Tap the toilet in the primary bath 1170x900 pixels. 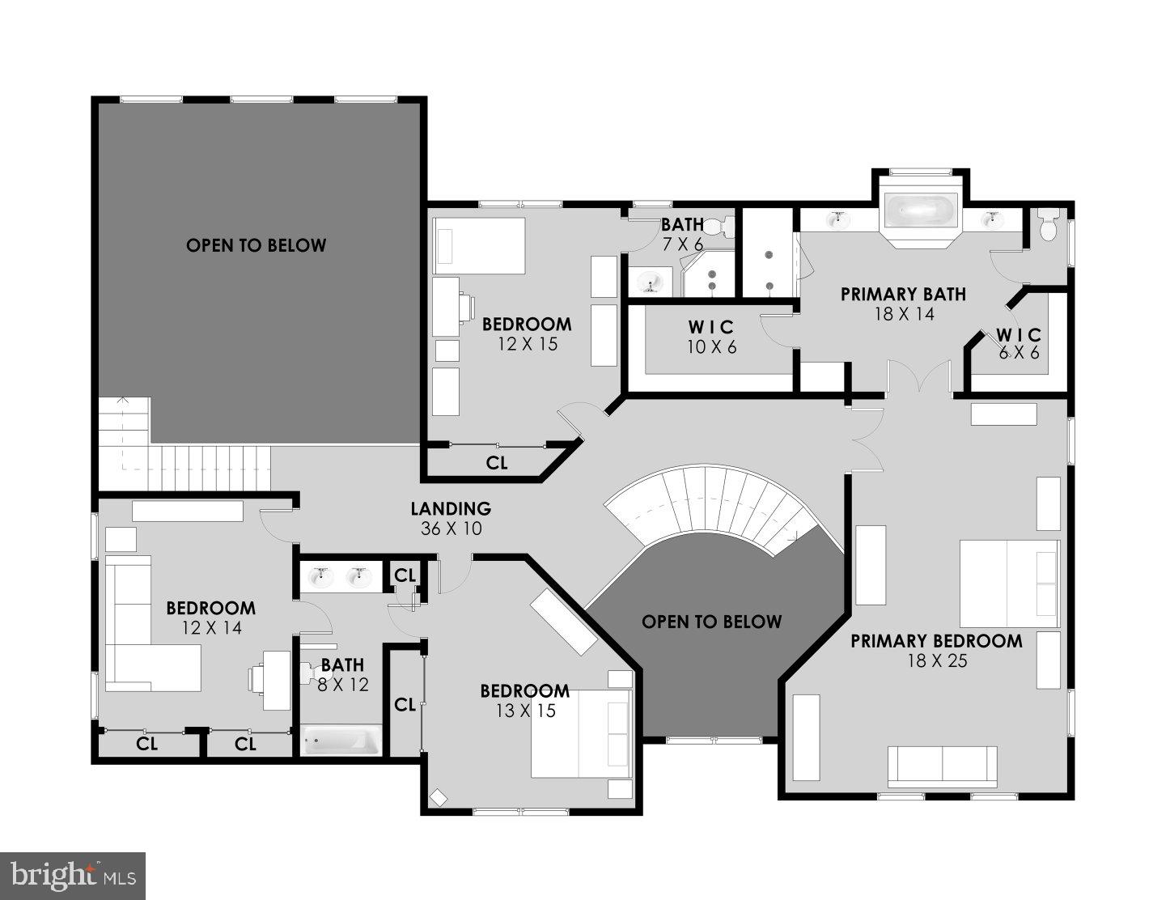tap(1048, 224)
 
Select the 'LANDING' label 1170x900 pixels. tap(451, 509)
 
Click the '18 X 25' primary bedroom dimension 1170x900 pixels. tap(937, 661)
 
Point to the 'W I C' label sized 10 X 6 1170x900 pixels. tap(711, 327)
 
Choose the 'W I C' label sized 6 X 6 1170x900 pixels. tap(1019, 335)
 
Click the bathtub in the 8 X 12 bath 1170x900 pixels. tap(341, 741)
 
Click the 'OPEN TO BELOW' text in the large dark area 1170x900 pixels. tap(256, 245)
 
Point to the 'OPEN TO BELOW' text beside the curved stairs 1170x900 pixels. tap(711, 622)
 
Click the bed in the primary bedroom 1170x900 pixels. tap(1009, 583)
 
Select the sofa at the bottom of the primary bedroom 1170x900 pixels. tap(942, 766)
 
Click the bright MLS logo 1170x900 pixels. tap(73, 876)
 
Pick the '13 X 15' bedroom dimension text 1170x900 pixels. tap(525, 711)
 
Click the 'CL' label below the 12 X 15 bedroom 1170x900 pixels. tap(497, 463)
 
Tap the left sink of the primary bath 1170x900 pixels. tap(838, 219)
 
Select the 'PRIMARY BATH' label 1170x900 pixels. tap(903, 295)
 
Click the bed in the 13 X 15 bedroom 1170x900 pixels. tap(580, 733)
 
